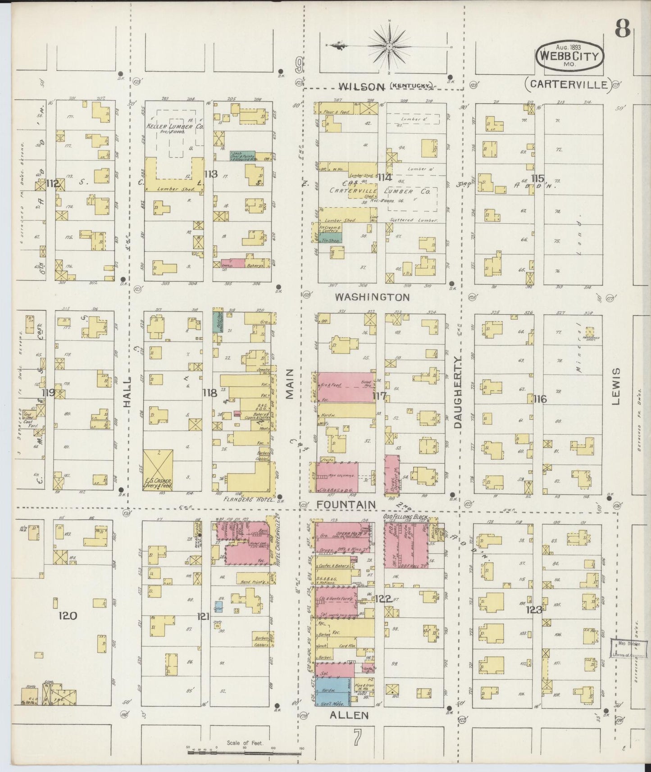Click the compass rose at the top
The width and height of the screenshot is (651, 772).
tap(388, 46)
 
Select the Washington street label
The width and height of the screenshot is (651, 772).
tap(372, 297)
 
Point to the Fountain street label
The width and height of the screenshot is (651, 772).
tap(346, 505)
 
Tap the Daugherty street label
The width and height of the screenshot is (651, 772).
tap(459, 391)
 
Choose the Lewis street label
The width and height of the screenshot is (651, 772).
tap(617, 386)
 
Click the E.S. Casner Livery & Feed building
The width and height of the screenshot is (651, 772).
tap(158, 470)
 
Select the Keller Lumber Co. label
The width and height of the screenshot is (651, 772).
tap(174, 127)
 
